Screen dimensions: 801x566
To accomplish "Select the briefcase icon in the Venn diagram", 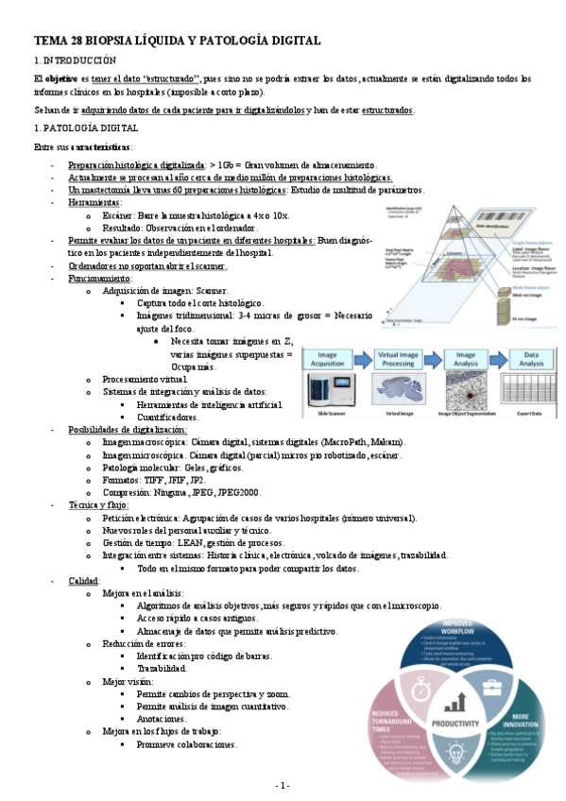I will (490, 687).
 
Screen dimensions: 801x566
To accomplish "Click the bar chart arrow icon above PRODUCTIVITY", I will (457, 701).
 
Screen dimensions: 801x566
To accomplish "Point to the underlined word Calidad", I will (84, 581).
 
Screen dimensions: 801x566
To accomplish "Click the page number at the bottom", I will (283, 786).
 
